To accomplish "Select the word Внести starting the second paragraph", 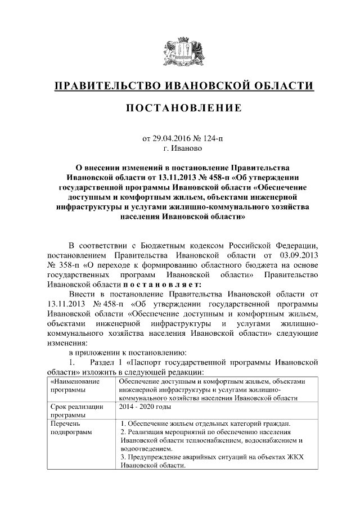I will (x=82, y=294).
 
